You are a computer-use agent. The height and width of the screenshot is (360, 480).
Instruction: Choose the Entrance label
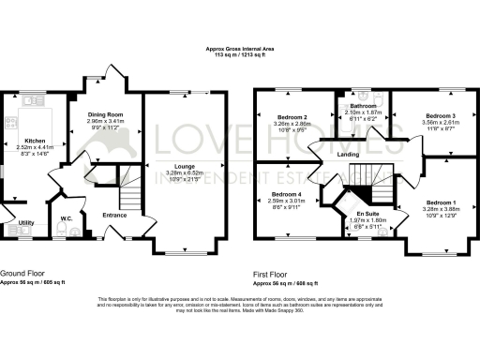(x=115, y=215)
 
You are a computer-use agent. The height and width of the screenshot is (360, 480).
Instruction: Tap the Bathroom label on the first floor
(x=362, y=107)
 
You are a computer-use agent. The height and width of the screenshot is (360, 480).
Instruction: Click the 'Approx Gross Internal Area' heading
(x=240, y=48)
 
